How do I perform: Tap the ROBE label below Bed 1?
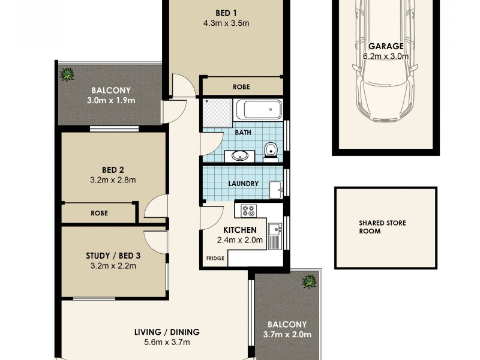pyautogui.click(x=241, y=87)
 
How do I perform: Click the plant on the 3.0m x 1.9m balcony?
pyautogui.click(x=67, y=75)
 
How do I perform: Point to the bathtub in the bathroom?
pyautogui.click(x=259, y=110)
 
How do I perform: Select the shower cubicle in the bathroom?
pyautogui.click(x=216, y=112)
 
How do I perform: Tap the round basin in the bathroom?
pyautogui.click(x=240, y=156)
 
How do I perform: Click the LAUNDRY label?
pyautogui.click(x=244, y=184)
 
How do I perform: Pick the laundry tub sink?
pyautogui.click(x=276, y=189)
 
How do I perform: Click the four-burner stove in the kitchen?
pyautogui.click(x=248, y=211)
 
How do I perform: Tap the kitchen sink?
pyautogui.click(x=275, y=228)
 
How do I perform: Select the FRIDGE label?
pyautogui.click(x=215, y=258)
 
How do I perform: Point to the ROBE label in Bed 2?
pyautogui.click(x=99, y=212)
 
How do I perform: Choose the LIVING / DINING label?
pyautogui.click(x=164, y=332)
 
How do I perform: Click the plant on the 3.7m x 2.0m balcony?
pyautogui.click(x=310, y=280)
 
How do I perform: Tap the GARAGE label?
pyautogui.click(x=386, y=46)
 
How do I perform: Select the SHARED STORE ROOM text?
pyautogui.click(x=382, y=227)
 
